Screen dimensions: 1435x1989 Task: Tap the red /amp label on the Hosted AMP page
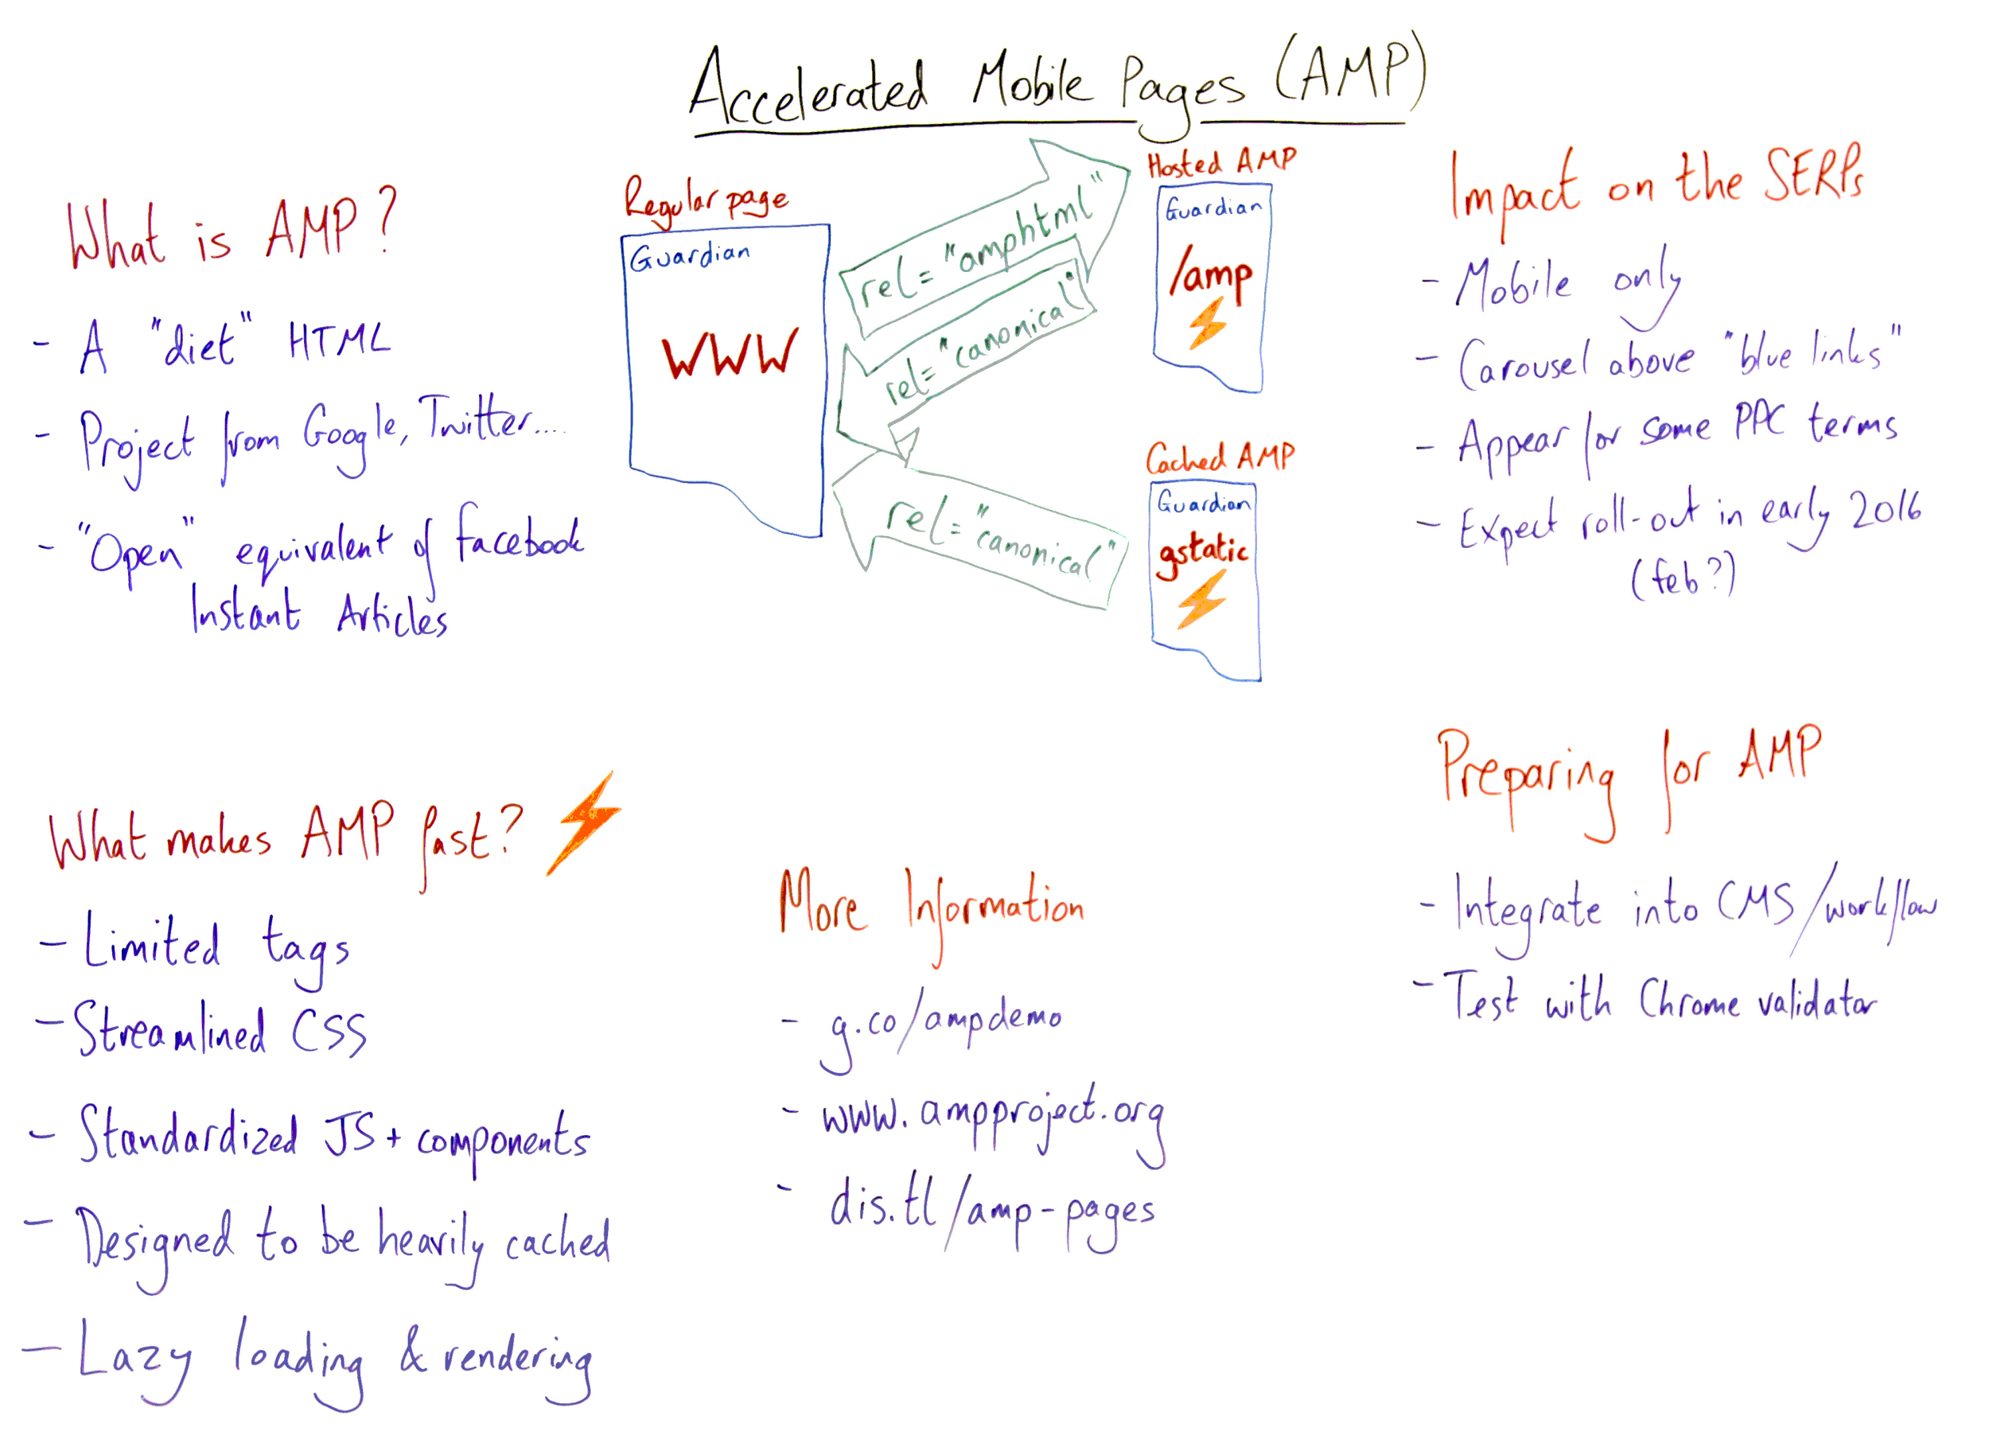point(1210,275)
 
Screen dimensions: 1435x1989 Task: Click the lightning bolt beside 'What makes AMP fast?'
point(584,824)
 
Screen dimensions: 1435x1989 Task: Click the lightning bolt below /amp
point(1209,324)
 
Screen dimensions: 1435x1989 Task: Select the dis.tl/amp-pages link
point(991,1210)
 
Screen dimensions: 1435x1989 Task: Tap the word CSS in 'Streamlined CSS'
point(328,1031)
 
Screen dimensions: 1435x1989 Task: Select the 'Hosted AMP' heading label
point(1220,162)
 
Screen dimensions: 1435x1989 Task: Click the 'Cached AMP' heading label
point(1220,457)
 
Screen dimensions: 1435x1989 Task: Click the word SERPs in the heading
point(1814,175)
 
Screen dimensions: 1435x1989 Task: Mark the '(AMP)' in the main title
point(1351,70)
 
